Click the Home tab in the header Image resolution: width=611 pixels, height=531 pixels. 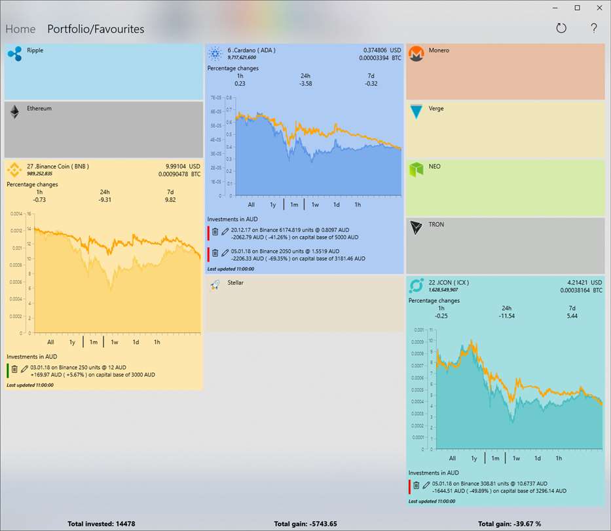point(20,29)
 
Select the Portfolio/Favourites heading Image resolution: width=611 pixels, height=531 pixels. point(96,29)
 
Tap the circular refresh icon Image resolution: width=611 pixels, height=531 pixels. point(561,28)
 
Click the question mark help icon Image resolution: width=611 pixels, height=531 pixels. point(594,28)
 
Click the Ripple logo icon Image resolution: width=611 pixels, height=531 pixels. point(14,53)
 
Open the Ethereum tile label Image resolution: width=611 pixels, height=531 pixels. point(39,109)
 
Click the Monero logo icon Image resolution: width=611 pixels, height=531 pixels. point(417,54)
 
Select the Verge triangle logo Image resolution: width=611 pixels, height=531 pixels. point(417,111)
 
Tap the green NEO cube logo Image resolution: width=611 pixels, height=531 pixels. point(417,170)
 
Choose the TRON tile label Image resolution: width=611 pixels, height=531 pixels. point(436,225)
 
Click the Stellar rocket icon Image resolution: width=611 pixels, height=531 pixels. point(215,286)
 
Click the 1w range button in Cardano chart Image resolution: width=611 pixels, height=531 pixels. point(315,205)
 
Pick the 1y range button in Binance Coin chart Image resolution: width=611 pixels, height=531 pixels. point(72,342)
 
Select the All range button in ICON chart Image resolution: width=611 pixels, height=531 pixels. point(453,458)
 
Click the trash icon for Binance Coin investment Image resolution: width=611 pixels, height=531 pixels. point(14,369)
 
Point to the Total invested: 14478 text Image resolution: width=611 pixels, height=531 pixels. point(102,524)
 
